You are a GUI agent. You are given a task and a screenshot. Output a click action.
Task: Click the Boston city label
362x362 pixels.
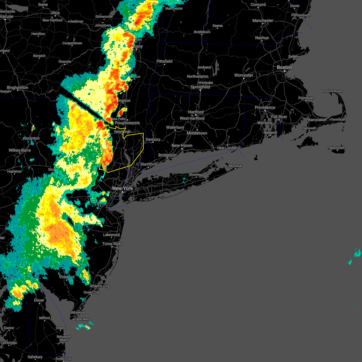[x=284, y=67]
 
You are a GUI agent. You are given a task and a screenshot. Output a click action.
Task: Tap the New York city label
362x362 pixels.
[x=122, y=188]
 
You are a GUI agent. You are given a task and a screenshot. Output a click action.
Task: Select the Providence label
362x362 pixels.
[x=265, y=107]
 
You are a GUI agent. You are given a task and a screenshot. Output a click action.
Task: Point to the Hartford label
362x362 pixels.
[x=196, y=112]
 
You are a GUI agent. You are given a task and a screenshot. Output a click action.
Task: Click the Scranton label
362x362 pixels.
[x=32, y=138]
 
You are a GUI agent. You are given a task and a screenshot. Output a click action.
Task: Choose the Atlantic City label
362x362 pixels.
[x=100, y=286]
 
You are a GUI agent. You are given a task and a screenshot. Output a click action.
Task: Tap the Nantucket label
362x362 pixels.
[x=337, y=148]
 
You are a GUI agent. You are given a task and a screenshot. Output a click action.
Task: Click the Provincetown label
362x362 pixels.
[x=332, y=91]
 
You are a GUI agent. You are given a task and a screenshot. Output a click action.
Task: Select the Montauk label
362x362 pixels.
[x=235, y=166]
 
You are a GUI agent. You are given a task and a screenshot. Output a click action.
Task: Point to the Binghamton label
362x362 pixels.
[x=17, y=87]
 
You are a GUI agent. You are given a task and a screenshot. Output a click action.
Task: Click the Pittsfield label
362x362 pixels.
[x=164, y=61]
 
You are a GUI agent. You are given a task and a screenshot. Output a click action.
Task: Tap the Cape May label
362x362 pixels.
[x=81, y=319]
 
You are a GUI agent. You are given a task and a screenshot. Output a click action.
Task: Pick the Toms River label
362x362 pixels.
[x=112, y=244]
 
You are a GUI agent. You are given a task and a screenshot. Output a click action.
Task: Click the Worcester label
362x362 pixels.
[x=244, y=75]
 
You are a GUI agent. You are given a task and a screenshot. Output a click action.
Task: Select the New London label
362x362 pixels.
[x=227, y=148]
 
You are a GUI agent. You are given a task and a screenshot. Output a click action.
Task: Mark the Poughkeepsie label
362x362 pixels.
[x=127, y=123]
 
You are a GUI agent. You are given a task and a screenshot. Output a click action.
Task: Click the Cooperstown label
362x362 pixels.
[x=72, y=43]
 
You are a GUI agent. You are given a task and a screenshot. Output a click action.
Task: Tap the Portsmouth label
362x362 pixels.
[x=301, y=15]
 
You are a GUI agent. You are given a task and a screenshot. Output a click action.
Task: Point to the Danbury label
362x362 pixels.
[x=153, y=139]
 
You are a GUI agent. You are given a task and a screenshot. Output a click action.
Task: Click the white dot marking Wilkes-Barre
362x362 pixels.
[x=20, y=153]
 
